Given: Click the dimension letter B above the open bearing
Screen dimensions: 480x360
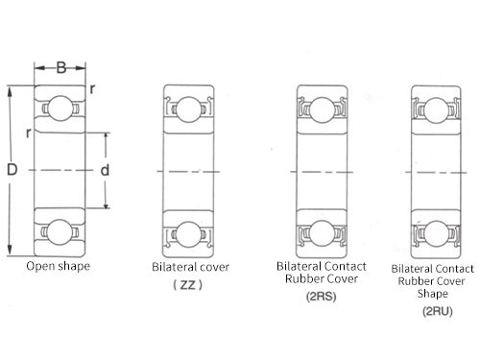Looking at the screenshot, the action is (61, 67).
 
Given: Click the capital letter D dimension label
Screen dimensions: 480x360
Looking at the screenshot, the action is (12, 169).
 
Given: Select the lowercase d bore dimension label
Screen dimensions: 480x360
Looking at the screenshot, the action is (105, 170).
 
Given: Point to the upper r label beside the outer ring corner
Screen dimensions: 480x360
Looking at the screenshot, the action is (92, 88).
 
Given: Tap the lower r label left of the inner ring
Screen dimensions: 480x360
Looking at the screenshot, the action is (29, 132).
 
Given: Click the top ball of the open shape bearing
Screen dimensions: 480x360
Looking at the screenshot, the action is (60, 108).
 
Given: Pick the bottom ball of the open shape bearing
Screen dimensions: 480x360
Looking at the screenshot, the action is (60, 232).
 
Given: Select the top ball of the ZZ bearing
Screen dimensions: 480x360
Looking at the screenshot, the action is (189, 109).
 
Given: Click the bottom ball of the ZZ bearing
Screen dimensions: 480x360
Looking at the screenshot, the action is (189, 234).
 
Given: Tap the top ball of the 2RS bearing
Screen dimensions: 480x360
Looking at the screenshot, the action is (323, 109).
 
